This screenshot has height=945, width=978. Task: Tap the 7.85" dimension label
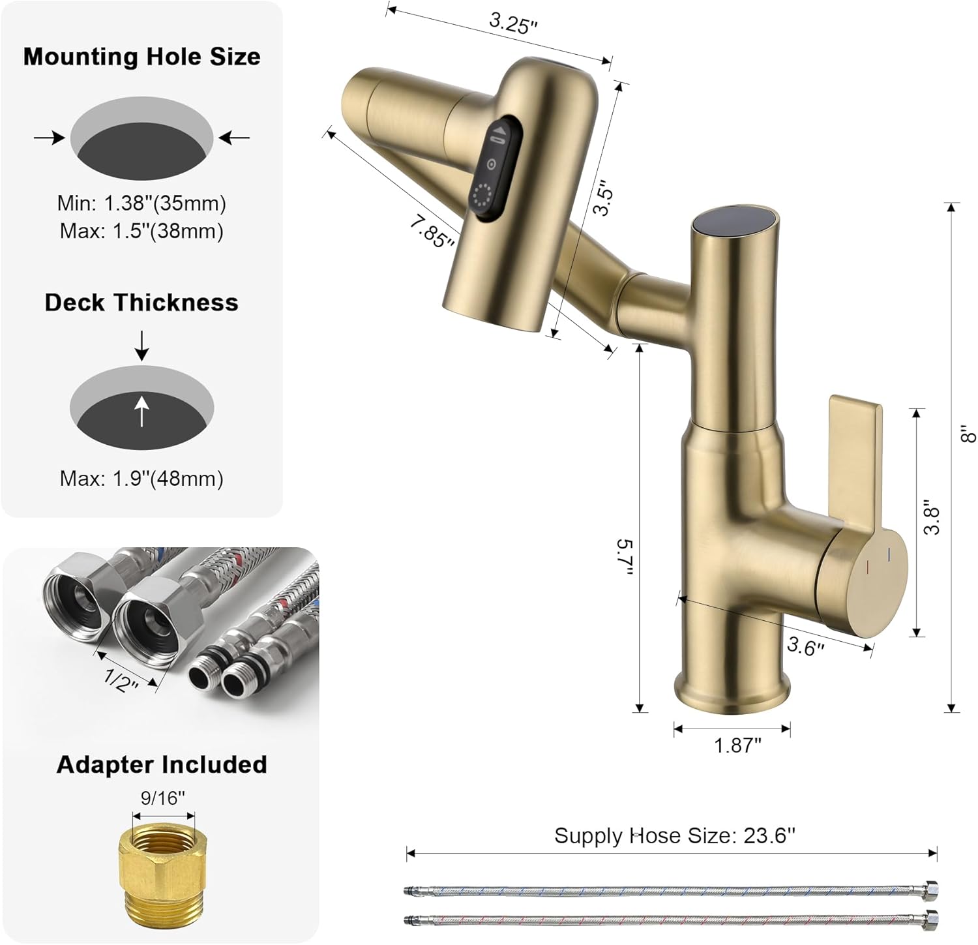[x=432, y=231]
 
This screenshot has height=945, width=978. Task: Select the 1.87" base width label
[x=737, y=745]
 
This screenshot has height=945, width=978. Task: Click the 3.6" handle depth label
[x=805, y=646]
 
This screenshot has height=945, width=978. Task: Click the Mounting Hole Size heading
[x=141, y=57]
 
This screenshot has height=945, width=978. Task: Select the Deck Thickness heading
[x=141, y=303]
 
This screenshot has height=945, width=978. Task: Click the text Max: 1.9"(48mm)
[x=141, y=479]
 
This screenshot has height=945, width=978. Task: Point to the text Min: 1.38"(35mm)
[x=141, y=203]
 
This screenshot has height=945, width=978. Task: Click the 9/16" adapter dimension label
[x=163, y=797]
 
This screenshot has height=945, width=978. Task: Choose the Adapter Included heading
[x=162, y=764]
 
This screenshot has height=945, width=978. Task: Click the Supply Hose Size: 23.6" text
[x=674, y=835]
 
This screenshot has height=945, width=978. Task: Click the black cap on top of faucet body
[x=735, y=222]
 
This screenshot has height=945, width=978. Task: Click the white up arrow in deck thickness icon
[x=141, y=412]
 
